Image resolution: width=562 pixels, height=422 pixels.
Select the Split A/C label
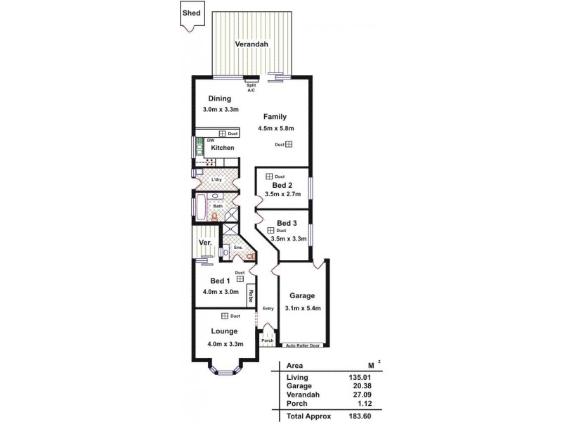coord(251,87)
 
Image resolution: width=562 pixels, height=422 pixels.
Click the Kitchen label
coord(223,148)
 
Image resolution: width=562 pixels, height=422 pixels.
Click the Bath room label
coord(218,206)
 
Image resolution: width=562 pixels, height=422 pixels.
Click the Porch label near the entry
coord(266,341)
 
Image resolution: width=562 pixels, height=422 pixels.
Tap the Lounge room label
coord(223,331)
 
